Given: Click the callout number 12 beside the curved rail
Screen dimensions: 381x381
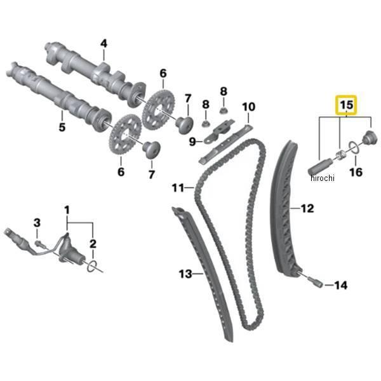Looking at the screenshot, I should (x=307, y=208).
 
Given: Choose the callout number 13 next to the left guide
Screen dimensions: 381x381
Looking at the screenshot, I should (x=185, y=274).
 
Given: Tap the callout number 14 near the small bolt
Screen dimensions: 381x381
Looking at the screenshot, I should (x=340, y=286).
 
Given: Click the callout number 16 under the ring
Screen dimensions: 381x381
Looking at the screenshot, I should (x=356, y=172).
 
